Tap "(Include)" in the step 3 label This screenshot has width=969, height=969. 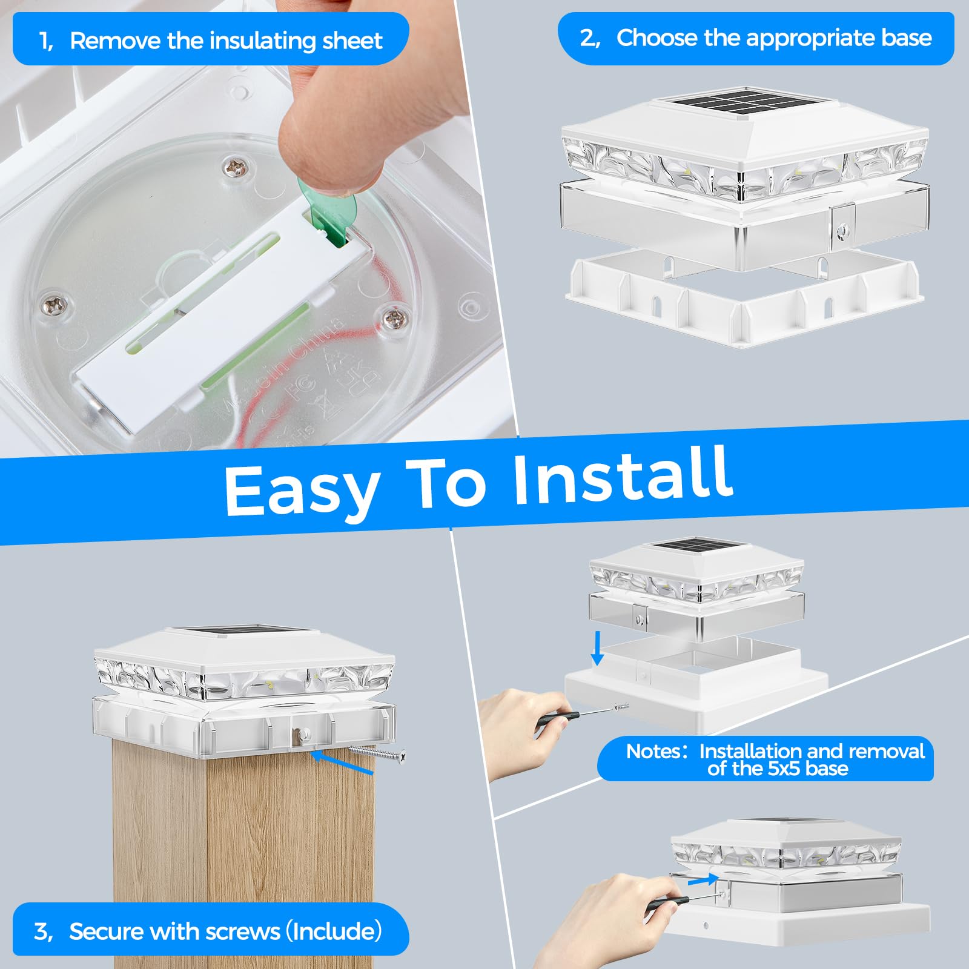(x=334, y=931)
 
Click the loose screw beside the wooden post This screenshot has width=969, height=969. (x=378, y=753)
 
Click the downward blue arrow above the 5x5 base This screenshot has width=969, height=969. (x=597, y=647)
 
